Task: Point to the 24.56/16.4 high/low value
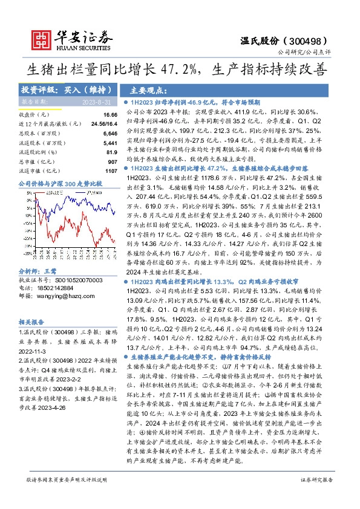(103, 123)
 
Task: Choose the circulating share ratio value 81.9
(111, 152)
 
